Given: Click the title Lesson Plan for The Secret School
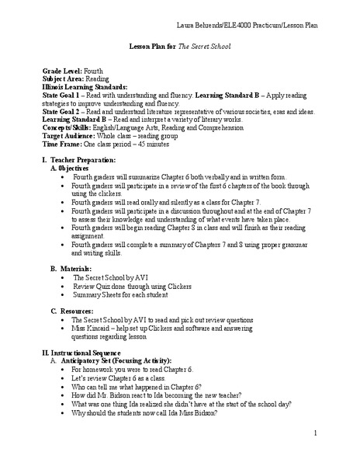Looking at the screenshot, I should click(x=181, y=46).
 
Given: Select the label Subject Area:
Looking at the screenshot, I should click(x=64, y=78).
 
